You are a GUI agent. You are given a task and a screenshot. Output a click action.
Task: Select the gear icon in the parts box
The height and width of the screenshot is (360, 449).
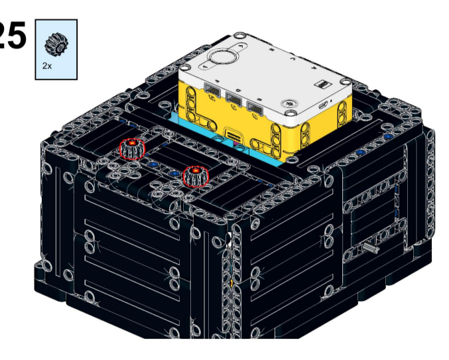click(56, 44)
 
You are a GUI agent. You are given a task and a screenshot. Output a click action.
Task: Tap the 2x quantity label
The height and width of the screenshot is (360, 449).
click(47, 66)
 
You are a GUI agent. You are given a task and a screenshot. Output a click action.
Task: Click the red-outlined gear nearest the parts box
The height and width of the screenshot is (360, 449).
click(132, 149)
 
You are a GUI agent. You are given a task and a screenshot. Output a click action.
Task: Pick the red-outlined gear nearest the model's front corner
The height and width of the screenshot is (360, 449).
click(196, 176)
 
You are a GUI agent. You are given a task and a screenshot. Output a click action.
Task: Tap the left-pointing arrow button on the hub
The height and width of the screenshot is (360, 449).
click(206, 66)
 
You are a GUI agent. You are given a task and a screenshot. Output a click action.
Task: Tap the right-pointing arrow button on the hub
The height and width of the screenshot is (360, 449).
click(241, 45)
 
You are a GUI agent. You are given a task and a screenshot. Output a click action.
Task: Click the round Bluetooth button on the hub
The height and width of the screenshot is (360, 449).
click(289, 103)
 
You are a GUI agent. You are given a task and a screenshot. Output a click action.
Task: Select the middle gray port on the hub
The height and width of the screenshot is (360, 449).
click(234, 99)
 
